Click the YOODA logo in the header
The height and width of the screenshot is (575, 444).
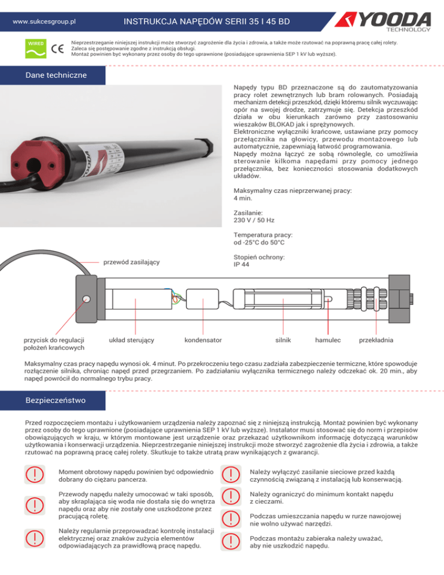pyautogui.click(x=388, y=21)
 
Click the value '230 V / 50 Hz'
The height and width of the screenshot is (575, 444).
pyautogui.click(x=254, y=220)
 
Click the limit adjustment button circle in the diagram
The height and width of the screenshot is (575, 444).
pyautogui.click(x=86, y=298)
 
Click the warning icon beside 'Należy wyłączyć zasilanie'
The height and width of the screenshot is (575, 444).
pyautogui.click(x=231, y=475)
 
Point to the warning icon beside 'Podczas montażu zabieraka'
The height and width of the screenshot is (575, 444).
pyautogui.click(x=231, y=541)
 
